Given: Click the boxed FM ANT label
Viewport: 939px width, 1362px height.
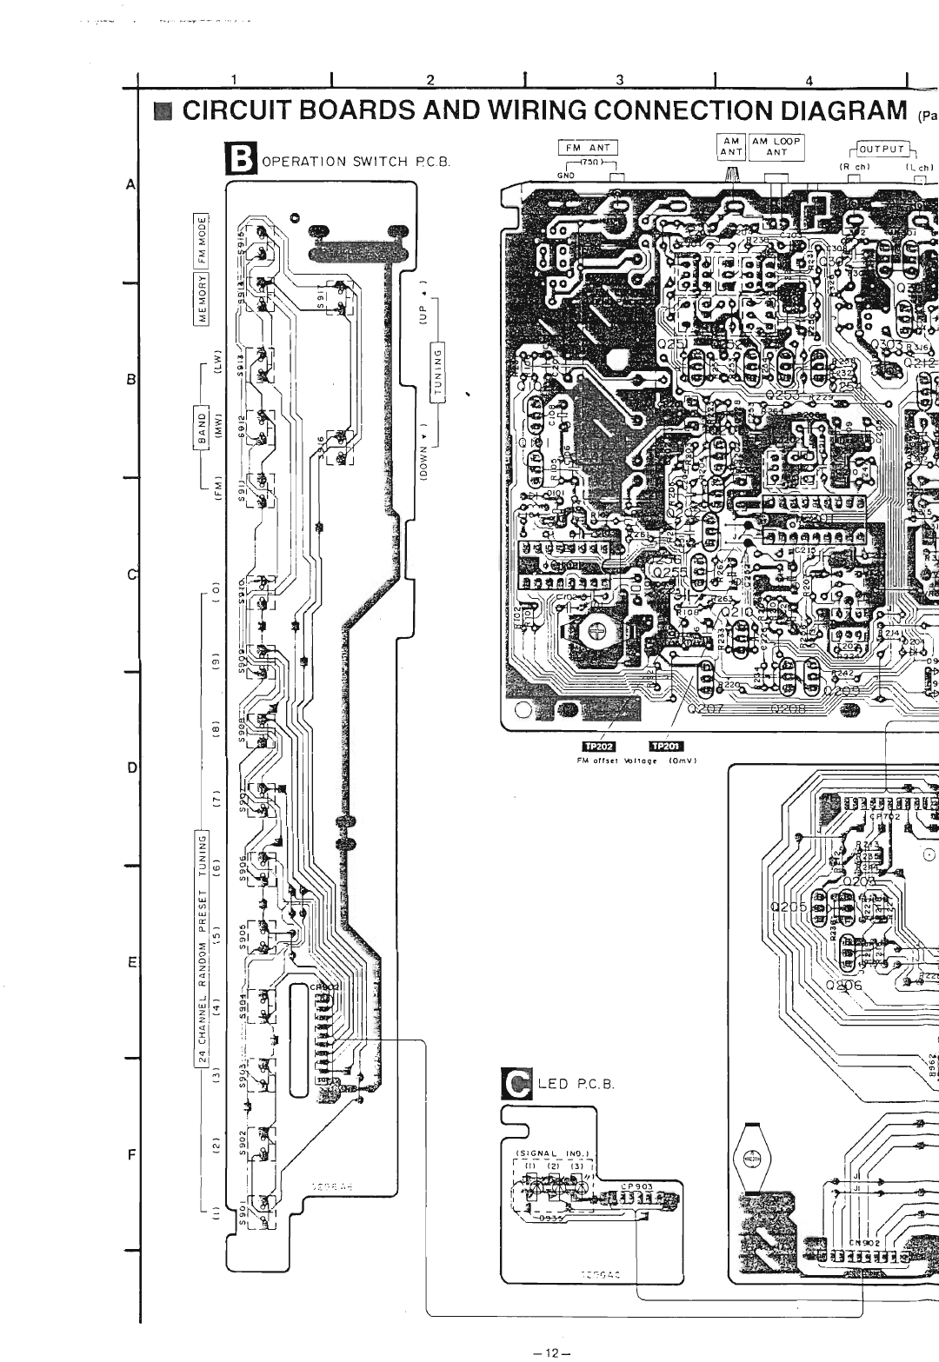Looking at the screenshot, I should coord(588,148).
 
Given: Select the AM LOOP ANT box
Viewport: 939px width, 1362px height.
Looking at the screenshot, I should coord(776,147).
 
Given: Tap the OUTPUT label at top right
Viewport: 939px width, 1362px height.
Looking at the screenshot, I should coord(883,149).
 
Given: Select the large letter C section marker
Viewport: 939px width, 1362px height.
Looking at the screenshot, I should coord(518,1083).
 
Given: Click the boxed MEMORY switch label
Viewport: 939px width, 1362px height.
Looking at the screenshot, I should coord(203,297).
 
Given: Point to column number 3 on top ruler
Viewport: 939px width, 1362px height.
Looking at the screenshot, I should coord(620,81).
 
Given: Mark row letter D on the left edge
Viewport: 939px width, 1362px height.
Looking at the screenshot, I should coord(132,767).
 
